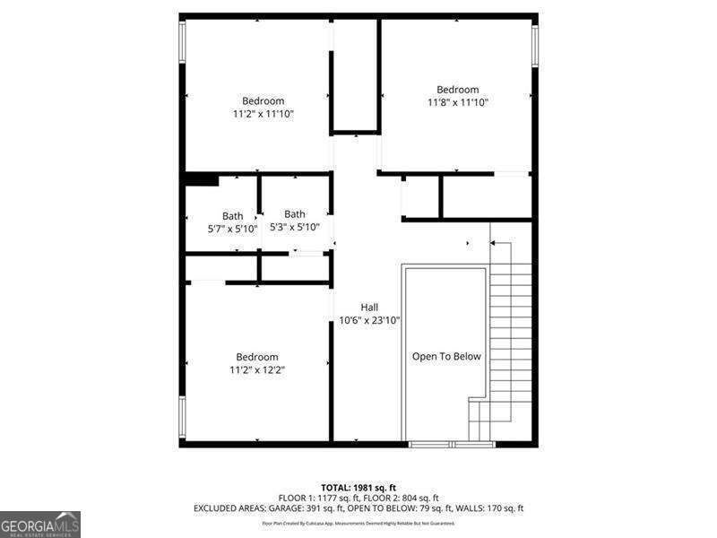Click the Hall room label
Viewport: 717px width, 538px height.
369,307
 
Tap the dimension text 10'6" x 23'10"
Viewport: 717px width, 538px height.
369,319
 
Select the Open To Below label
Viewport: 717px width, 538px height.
446,357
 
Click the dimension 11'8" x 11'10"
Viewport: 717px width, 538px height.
457,102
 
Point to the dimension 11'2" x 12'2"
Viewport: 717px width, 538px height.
257,369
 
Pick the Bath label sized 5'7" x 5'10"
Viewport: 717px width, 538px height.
233,216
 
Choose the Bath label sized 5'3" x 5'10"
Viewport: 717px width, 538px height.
295,214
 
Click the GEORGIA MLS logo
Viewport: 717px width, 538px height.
40,524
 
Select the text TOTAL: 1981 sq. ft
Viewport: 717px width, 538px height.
358,486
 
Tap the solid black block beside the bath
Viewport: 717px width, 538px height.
201,179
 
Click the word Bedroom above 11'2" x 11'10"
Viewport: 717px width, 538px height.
263,101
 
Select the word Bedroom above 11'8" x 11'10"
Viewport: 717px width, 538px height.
457,90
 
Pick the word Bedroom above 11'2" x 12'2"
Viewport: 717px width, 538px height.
257,357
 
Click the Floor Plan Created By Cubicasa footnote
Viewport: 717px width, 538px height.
358,523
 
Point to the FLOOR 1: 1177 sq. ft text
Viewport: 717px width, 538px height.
317,498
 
